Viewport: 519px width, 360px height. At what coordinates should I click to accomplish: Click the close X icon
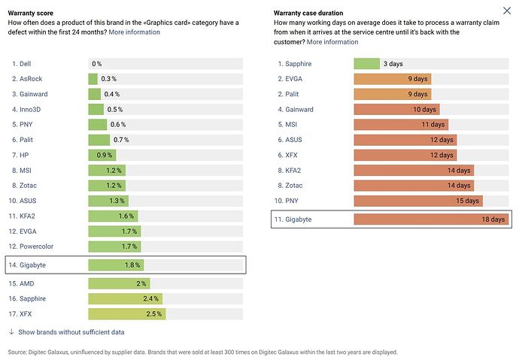point(507,11)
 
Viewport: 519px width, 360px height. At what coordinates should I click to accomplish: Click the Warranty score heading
point(30,14)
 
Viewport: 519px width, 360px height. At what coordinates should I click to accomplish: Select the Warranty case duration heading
point(308,14)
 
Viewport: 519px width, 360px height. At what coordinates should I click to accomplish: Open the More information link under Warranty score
point(134,32)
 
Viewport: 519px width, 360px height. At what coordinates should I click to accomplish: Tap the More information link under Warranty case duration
point(332,42)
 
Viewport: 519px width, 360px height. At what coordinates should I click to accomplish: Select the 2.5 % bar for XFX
point(127,314)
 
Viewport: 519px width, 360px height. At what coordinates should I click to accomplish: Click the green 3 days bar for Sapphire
point(367,64)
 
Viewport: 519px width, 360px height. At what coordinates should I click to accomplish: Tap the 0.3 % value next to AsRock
point(108,79)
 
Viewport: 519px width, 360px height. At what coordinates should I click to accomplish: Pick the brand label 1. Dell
point(22,64)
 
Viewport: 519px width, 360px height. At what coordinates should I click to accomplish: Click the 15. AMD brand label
point(21,283)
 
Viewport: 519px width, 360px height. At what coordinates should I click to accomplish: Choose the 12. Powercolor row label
point(31,247)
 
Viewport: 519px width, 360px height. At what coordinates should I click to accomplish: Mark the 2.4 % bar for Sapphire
point(126,299)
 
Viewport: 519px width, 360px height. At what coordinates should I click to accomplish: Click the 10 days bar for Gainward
point(396,110)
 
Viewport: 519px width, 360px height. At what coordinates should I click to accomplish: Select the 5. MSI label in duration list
point(287,125)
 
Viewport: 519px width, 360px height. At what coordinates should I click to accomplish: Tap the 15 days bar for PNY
point(418,201)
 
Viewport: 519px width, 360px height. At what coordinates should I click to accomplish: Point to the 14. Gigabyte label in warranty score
point(27,265)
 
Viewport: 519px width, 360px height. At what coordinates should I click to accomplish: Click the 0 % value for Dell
point(96,64)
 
